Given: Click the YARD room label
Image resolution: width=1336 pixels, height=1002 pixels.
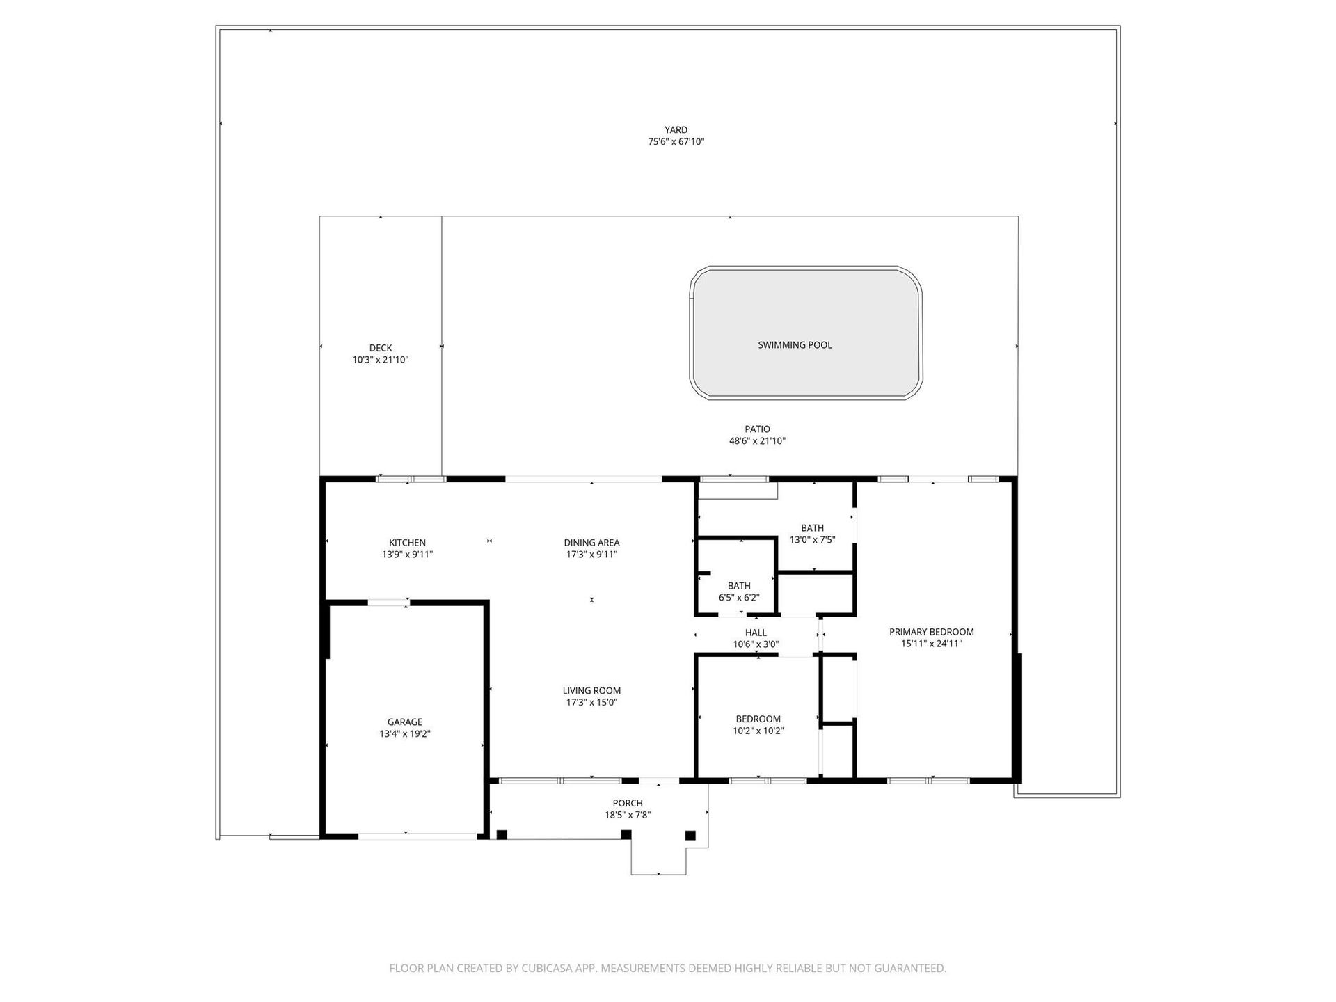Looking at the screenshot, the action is click(676, 129).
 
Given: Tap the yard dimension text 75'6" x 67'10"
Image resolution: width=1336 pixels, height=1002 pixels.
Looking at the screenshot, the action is click(676, 142).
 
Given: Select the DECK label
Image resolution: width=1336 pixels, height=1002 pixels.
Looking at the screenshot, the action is click(381, 348).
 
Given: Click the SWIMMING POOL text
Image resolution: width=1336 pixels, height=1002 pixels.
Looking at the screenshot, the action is click(795, 345).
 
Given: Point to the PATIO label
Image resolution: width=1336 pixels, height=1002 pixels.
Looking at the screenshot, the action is click(757, 429).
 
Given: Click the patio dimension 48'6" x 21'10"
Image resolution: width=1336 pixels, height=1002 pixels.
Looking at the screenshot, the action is click(757, 441).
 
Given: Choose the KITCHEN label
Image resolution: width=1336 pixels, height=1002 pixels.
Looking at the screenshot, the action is click(407, 543).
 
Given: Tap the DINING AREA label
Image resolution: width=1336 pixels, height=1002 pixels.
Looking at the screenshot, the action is click(591, 543).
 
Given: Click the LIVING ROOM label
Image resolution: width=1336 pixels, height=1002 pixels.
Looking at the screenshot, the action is click(591, 691).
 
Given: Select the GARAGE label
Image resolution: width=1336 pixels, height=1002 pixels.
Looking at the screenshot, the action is click(405, 722).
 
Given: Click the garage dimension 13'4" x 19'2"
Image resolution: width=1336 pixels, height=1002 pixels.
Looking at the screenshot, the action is click(405, 734).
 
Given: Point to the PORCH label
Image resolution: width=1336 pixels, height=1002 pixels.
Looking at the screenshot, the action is click(628, 803).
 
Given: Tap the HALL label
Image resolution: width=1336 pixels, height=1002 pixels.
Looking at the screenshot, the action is click(756, 633).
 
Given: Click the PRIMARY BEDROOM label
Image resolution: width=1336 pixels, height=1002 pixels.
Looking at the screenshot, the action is click(932, 632).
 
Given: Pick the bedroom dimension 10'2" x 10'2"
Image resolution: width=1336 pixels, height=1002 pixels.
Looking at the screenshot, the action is click(758, 731).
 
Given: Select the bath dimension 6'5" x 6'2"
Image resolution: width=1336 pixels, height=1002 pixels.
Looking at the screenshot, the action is click(739, 598).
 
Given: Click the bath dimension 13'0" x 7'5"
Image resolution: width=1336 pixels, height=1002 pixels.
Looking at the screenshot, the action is click(812, 540).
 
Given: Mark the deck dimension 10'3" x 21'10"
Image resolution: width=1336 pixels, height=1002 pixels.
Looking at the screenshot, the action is click(381, 360).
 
